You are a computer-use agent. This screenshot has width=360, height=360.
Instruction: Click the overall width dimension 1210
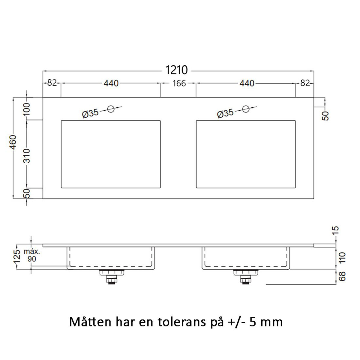click(x=177, y=70)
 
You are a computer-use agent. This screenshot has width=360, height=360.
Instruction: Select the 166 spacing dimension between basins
click(x=179, y=83)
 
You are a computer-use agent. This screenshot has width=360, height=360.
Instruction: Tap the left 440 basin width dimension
click(x=111, y=83)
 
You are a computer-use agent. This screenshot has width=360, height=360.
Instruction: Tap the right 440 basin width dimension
click(x=247, y=83)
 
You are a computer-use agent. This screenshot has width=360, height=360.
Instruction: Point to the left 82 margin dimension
click(x=52, y=83)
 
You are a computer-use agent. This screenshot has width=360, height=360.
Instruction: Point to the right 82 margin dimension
click(x=305, y=83)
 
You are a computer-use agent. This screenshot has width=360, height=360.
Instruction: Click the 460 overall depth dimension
click(x=13, y=143)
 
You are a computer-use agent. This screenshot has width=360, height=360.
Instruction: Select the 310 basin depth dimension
click(x=27, y=155)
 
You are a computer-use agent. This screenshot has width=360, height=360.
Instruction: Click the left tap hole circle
click(x=111, y=109)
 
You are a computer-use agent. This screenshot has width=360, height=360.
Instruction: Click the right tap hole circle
click(x=246, y=109)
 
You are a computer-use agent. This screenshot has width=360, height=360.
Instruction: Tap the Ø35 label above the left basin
click(x=90, y=114)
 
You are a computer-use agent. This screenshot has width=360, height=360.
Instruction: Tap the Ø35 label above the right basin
click(x=225, y=114)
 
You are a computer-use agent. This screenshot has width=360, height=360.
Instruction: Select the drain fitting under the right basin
click(x=246, y=276)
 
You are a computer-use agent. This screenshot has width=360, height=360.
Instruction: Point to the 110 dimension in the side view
click(x=342, y=258)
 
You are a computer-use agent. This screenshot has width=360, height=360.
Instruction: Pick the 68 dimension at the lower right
click(x=342, y=276)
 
